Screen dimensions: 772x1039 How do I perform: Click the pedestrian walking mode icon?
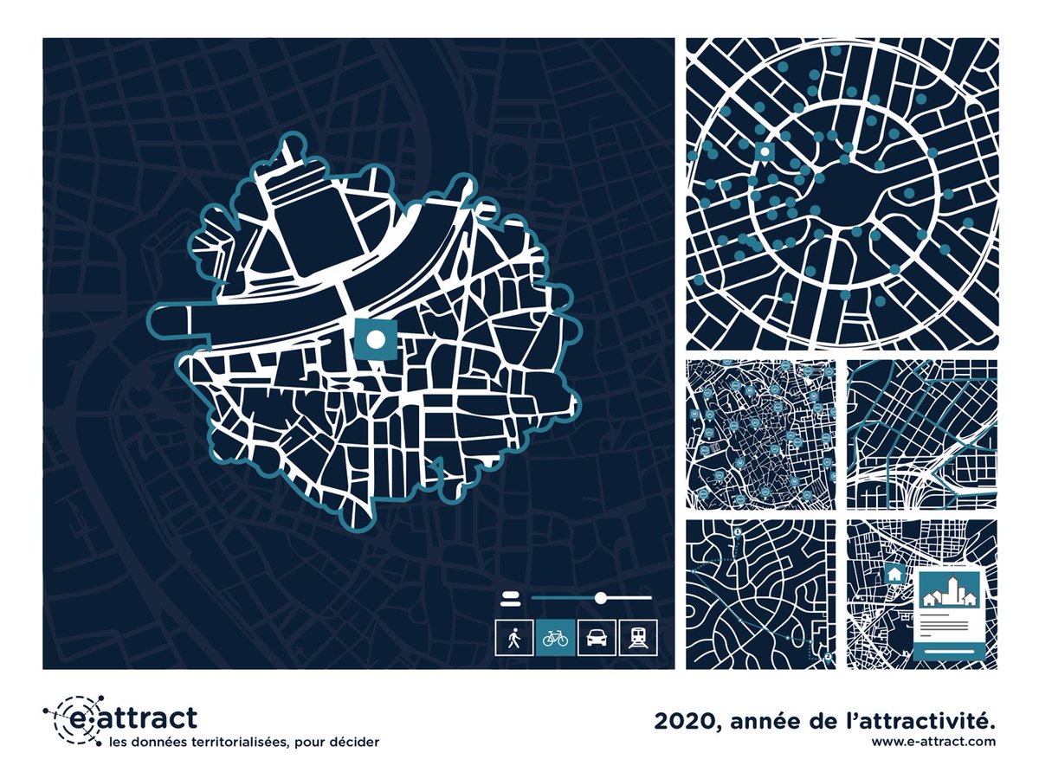pyautogui.click(x=514, y=639)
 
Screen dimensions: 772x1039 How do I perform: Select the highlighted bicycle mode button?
pyautogui.click(x=555, y=639)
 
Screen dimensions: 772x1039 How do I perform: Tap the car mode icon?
pyautogui.click(x=597, y=639)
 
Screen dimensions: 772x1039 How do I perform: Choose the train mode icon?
pyautogui.click(x=638, y=639)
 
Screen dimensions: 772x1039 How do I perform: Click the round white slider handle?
pyautogui.click(x=600, y=597)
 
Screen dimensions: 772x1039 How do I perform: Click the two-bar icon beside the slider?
pyautogui.click(x=509, y=597)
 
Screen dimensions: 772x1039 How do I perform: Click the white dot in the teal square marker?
pyautogui.click(x=375, y=339)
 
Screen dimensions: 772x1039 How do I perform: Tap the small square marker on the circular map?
pyautogui.click(x=765, y=151)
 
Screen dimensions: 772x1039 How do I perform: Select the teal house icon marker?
pyautogui.click(x=894, y=574)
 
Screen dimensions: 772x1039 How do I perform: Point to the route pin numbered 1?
pyautogui.click(x=737, y=531)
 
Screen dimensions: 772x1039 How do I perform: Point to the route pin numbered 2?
pyautogui.click(x=828, y=657)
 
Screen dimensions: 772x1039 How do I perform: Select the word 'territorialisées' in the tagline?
pyautogui.click(x=224, y=742)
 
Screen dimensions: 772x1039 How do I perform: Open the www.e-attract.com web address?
pyautogui.click(x=933, y=742)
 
